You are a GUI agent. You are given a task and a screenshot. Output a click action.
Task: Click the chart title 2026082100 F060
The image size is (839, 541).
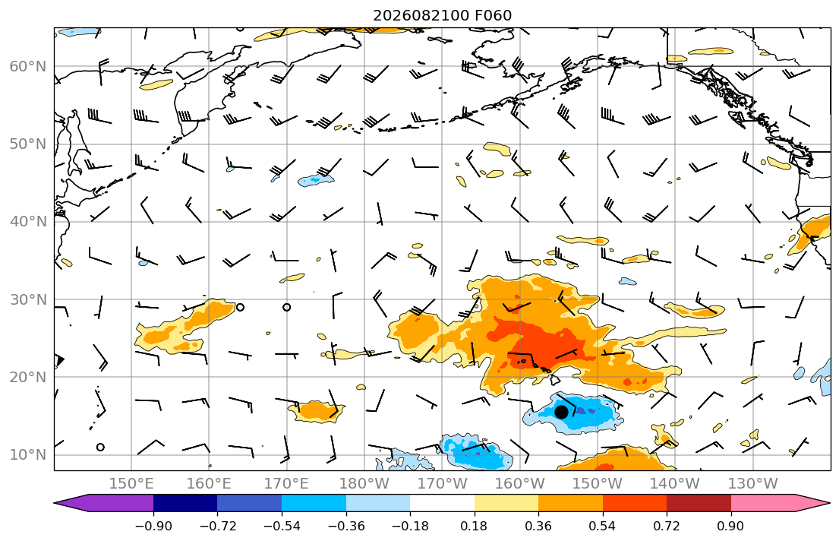[442, 15]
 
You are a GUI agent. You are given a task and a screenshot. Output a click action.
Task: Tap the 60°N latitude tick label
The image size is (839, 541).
[28, 66]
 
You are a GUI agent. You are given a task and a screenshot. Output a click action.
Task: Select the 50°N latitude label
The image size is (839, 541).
[28, 144]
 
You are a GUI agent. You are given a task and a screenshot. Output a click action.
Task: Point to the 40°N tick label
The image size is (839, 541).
[28, 222]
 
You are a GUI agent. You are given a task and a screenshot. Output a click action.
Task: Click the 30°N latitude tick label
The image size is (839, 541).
[28, 299]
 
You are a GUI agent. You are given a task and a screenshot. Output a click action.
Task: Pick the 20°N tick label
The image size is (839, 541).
[28, 377]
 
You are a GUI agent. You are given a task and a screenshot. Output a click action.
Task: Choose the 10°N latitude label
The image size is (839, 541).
[28, 455]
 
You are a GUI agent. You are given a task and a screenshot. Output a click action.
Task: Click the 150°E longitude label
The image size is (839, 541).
[131, 484]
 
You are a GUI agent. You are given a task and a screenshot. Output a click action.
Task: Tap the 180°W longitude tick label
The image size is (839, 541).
[365, 484]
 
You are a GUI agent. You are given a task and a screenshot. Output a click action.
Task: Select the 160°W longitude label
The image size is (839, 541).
[520, 484]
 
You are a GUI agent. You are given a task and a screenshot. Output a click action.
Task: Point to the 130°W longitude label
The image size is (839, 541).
[753, 484]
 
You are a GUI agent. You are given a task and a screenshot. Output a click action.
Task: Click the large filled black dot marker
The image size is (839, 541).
[561, 412]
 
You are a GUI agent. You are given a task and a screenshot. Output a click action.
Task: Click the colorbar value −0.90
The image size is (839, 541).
[153, 526]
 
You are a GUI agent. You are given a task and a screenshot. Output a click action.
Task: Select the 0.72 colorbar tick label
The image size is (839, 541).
[667, 526]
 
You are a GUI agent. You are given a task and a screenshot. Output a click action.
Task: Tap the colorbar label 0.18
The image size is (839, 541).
[474, 526]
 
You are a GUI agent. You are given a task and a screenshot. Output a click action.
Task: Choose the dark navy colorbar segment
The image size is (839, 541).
[185, 503]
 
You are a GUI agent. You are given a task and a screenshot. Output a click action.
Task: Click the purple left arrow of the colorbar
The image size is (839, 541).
[104, 503]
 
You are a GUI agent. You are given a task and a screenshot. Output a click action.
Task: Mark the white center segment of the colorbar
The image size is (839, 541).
[442, 503]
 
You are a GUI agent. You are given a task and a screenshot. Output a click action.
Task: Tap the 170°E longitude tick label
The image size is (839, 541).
[287, 484]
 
